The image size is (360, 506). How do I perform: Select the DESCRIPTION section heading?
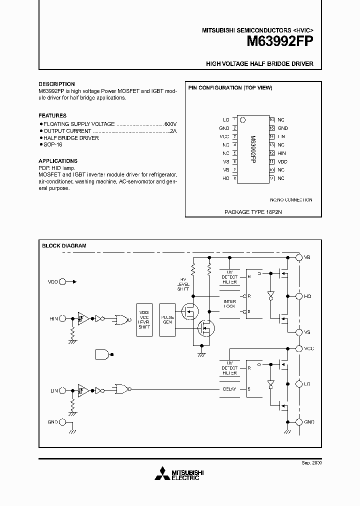(x=56, y=84)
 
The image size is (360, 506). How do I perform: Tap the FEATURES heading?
(x=52, y=115)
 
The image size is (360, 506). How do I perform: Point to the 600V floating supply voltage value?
(x=170, y=123)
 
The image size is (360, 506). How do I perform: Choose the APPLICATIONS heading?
(x=58, y=161)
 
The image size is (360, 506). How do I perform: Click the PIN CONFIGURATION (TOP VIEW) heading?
(x=230, y=88)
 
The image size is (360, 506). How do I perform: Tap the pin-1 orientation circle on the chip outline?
(x=243, y=120)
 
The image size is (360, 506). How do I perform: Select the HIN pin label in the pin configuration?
(x=281, y=153)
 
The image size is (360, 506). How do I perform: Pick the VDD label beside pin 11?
(x=282, y=162)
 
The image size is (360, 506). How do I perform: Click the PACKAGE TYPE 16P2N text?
(x=249, y=211)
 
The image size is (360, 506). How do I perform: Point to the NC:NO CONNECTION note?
(x=291, y=200)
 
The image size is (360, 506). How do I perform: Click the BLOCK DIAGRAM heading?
(x=64, y=245)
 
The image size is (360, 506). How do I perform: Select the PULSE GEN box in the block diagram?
(x=167, y=319)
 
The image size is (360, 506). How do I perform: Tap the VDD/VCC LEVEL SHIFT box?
(x=144, y=319)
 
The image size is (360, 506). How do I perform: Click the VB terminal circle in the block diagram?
(x=299, y=257)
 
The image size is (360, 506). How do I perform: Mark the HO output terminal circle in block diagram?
(x=299, y=296)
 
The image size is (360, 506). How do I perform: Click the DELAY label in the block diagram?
(x=229, y=388)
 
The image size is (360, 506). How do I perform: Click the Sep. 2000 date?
(x=311, y=463)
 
